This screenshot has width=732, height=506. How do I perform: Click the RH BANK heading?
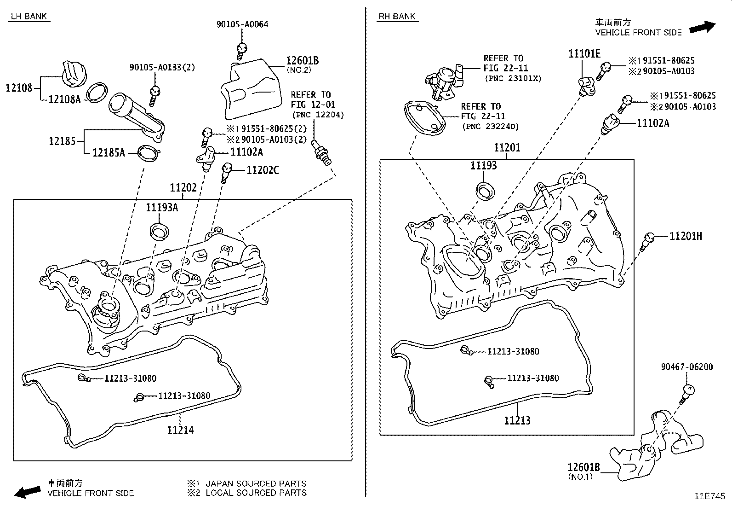click(x=397, y=17)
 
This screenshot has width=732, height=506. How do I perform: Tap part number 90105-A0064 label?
click(x=242, y=24)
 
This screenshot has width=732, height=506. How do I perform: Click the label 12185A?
click(x=109, y=152)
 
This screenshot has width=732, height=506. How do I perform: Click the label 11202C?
click(x=263, y=170)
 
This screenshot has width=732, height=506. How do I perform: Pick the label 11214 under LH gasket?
click(x=180, y=430)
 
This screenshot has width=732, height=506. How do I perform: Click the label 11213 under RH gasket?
click(x=517, y=420)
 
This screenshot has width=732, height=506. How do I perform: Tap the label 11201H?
click(x=686, y=236)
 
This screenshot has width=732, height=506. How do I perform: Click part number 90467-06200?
click(x=687, y=367)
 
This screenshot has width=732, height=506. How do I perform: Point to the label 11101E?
click(x=584, y=54)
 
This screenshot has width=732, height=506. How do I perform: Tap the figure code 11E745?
click(x=709, y=496)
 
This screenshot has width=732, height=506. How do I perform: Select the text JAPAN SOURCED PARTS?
click(x=256, y=483)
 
